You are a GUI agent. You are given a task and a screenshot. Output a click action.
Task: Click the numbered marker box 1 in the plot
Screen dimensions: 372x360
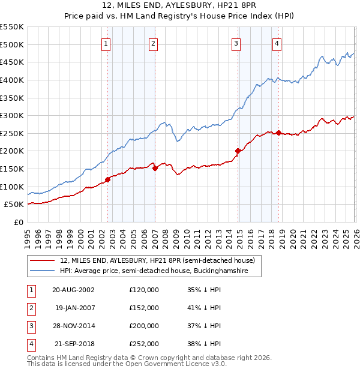[x=106, y=43]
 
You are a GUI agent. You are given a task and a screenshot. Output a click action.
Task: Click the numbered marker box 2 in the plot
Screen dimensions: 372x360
[x=153, y=43]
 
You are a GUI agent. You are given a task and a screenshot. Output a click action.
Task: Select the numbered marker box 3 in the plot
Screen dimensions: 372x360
[x=236, y=43]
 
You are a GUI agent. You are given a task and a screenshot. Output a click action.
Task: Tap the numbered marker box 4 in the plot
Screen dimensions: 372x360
[x=277, y=43]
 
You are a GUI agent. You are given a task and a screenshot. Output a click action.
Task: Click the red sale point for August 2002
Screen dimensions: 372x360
[x=108, y=179]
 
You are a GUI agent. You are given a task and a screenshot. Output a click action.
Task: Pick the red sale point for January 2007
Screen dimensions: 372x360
[x=155, y=168]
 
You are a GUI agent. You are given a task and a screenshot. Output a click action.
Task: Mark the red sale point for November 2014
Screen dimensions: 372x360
[x=238, y=151]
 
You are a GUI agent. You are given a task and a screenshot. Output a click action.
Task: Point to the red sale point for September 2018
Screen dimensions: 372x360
[x=279, y=133]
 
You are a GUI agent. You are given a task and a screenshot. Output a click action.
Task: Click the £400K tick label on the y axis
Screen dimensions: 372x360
[x=12, y=80]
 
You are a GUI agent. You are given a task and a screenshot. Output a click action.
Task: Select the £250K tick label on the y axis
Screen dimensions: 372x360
[x=12, y=133]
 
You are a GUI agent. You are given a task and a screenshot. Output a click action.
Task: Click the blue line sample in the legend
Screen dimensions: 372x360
[x=43, y=271]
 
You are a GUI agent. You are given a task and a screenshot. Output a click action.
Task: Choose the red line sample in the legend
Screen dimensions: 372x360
[x=43, y=260]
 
